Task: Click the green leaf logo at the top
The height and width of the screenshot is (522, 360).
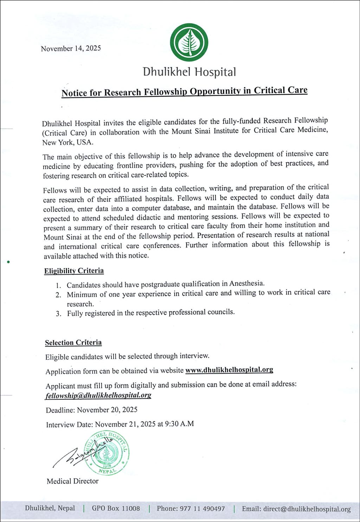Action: tap(189, 42)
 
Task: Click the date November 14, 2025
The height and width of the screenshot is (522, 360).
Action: tap(71, 48)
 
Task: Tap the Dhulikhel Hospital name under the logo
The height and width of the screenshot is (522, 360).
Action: tap(189, 72)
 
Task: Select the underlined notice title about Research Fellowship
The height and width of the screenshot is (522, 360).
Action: tap(184, 91)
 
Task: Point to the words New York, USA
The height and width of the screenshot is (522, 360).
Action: tap(67, 142)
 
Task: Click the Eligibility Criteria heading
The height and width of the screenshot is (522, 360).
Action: tap(74, 270)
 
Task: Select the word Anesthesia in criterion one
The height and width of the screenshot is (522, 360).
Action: tap(246, 283)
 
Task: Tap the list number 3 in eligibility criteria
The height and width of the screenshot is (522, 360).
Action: tap(58, 313)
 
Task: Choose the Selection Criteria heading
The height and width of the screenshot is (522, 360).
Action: tap(73, 342)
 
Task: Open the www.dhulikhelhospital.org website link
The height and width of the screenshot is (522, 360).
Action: tap(229, 370)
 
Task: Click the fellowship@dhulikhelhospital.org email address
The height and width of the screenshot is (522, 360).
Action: tap(98, 395)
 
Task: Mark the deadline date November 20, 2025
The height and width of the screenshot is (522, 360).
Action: tap(107, 410)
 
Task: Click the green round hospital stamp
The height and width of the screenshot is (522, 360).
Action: tap(106, 453)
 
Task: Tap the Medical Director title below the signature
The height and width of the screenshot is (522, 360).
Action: tap(72, 481)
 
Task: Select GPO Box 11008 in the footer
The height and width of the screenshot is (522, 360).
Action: tap(116, 508)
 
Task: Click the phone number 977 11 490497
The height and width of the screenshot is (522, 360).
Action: tap(202, 509)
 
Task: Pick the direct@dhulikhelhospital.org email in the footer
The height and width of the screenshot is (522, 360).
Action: tap(307, 509)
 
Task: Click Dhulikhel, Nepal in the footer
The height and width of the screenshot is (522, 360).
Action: tap(50, 508)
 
